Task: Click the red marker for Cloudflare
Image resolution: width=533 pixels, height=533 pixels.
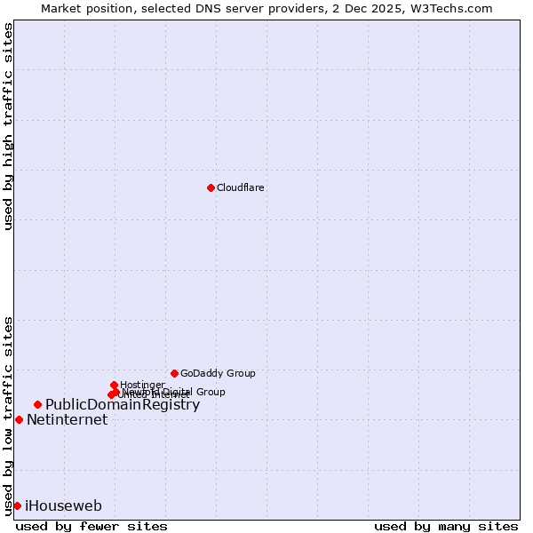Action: click(x=211, y=187)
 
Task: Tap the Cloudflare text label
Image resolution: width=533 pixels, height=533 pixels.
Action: click(x=241, y=188)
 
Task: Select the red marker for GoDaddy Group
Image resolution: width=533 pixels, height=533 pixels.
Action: click(x=174, y=373)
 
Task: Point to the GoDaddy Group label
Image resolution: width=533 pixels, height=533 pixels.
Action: click(x=218, y=374)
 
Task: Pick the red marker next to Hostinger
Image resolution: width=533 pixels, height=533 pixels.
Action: click(x=115, y=385)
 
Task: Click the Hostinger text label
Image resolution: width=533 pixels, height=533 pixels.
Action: click(x=142, y=385)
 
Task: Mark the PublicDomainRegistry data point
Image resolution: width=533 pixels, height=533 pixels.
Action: click(x=37, y=405)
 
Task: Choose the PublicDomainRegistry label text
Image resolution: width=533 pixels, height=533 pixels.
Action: click(x=123, y=405)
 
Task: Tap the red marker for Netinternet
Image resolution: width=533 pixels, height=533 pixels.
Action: click(x=19, y=419)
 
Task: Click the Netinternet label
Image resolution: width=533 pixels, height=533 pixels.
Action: click(x=67, y=420)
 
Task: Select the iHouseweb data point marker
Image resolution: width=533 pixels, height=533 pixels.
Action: click(x=17, y=505)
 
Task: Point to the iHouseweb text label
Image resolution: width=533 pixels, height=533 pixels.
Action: click(x=63, y=506)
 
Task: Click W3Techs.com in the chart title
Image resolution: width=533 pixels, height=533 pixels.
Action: click(x=455, y=9)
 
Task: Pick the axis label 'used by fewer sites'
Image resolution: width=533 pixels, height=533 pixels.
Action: click(x=91, y=526)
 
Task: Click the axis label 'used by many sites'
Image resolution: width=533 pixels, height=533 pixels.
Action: click(x=446, y=526)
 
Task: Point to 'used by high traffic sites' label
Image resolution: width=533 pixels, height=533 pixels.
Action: click(x=8, y=126)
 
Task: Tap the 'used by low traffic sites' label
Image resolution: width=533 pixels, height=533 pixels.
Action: click(x=8, y=415)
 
